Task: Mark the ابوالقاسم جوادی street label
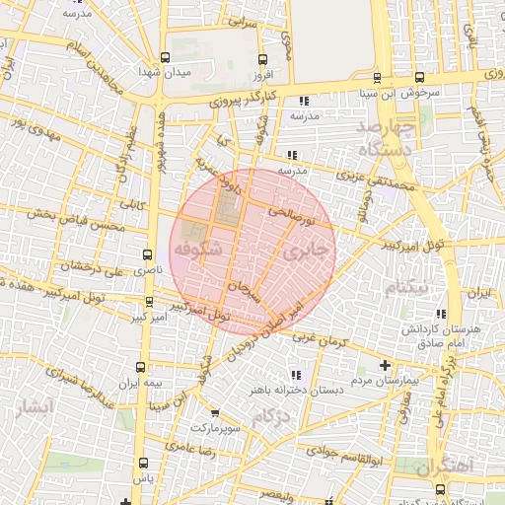[333, 454]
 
